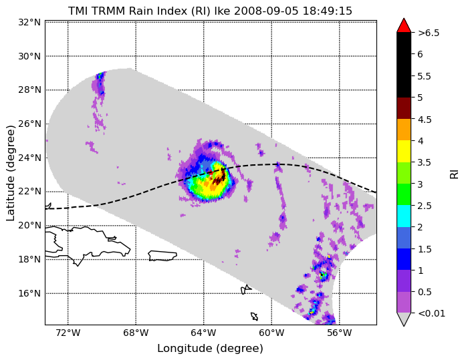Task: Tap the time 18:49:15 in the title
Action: [x=327, y=11]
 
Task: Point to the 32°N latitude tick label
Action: [x=29, y=22]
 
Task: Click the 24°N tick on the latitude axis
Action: [x=29, y=158]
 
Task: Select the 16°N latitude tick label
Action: [x=29, y=293]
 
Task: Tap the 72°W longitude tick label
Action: [x=68, y=333]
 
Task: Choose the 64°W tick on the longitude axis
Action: [x=204, y=333]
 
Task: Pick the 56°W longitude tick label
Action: [x=340, y=333]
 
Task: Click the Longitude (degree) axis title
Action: [x=210, y=349]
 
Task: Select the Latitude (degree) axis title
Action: [x=10, y=173]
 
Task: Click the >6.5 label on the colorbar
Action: [x=429, y=33]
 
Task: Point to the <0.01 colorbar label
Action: [x=431, y=313]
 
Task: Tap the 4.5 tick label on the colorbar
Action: [x=425, y=120]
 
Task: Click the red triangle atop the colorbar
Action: [x=404, y=25]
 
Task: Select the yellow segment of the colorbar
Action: [x=404, y=152]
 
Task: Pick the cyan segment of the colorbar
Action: [x=404, y=216]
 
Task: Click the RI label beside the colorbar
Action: [x=454, y=173]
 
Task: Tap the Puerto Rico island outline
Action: [x=162, y=256]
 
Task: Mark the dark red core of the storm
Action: [x=219, y=178]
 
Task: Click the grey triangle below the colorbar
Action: [x=404, y=319]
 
